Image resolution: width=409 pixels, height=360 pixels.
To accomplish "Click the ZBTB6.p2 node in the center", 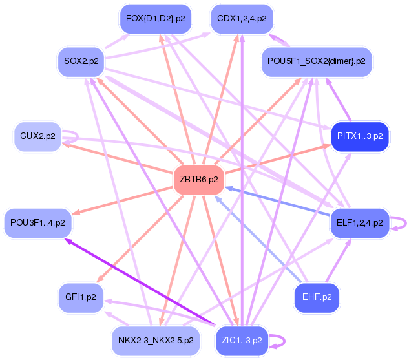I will tap(199, 180).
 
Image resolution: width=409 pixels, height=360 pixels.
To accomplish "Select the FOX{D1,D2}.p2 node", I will tap(155, 19).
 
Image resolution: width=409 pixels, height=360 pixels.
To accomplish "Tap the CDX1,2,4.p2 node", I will tap(242, 19).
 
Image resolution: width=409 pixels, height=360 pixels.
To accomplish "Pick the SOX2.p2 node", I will tap(81, 61).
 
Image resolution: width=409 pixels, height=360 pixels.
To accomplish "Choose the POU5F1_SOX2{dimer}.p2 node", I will tap(317, 61).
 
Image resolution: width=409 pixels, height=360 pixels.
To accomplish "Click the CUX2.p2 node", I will tap(37, 137).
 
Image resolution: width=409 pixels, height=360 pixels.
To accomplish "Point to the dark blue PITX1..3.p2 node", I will tap(359, 136).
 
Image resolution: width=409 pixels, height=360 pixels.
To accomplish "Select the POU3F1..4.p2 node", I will tap(37, 223).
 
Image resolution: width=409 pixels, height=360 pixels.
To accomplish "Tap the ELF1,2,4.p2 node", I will tap(359, 223).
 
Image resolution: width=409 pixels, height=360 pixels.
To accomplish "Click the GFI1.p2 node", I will tap(81, 297).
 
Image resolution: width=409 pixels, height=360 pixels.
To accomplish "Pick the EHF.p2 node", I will tap(317, 297).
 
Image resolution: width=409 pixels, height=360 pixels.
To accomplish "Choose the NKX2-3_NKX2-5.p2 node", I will tap(155, 340).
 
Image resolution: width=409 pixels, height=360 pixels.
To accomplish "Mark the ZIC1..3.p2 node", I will tap(242, 340).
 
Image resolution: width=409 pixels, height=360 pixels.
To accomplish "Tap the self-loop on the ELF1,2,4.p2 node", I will tap(403, 223).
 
